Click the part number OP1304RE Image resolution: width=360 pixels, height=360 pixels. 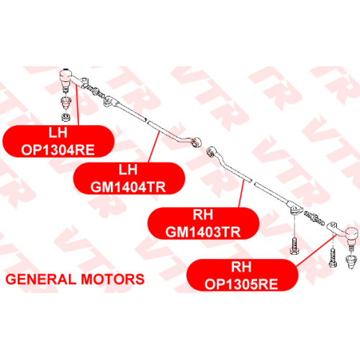[58, 150]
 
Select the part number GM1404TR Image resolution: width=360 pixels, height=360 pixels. [128, 187]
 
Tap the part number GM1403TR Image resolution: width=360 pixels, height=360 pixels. [203, 232]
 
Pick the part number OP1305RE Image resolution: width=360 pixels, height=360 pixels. [241, 284]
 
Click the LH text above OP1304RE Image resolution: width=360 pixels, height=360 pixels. [58, 132]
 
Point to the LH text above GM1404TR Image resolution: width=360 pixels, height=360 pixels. [128, 170]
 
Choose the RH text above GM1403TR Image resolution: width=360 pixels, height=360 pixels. [203, 215]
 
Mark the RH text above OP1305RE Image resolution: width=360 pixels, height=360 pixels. [241, 266]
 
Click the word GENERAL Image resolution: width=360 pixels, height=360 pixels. [41, 279]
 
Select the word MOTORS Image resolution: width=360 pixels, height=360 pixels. [112, 279]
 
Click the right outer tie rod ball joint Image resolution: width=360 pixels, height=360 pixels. [351, 238]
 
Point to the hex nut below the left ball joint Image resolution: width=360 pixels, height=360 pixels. [66, 117]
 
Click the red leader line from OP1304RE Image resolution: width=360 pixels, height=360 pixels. [77, 105]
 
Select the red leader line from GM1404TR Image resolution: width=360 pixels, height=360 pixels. [154, 147]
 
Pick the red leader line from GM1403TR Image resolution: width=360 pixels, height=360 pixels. [241, 194]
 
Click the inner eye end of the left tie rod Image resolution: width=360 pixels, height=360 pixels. [197, 142]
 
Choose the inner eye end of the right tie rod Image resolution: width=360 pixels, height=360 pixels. [211, 151]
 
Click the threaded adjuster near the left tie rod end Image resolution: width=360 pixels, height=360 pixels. [96, 91]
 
